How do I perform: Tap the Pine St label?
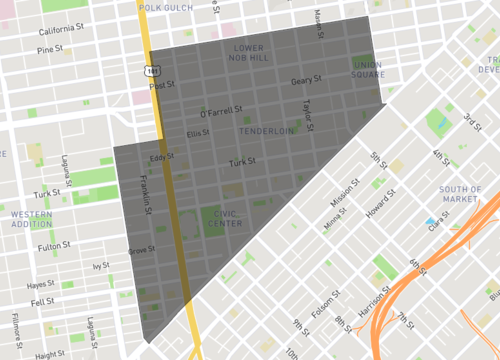51,49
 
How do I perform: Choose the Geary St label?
305,80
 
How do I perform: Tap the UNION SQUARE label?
368,69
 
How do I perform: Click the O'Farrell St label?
222,113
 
